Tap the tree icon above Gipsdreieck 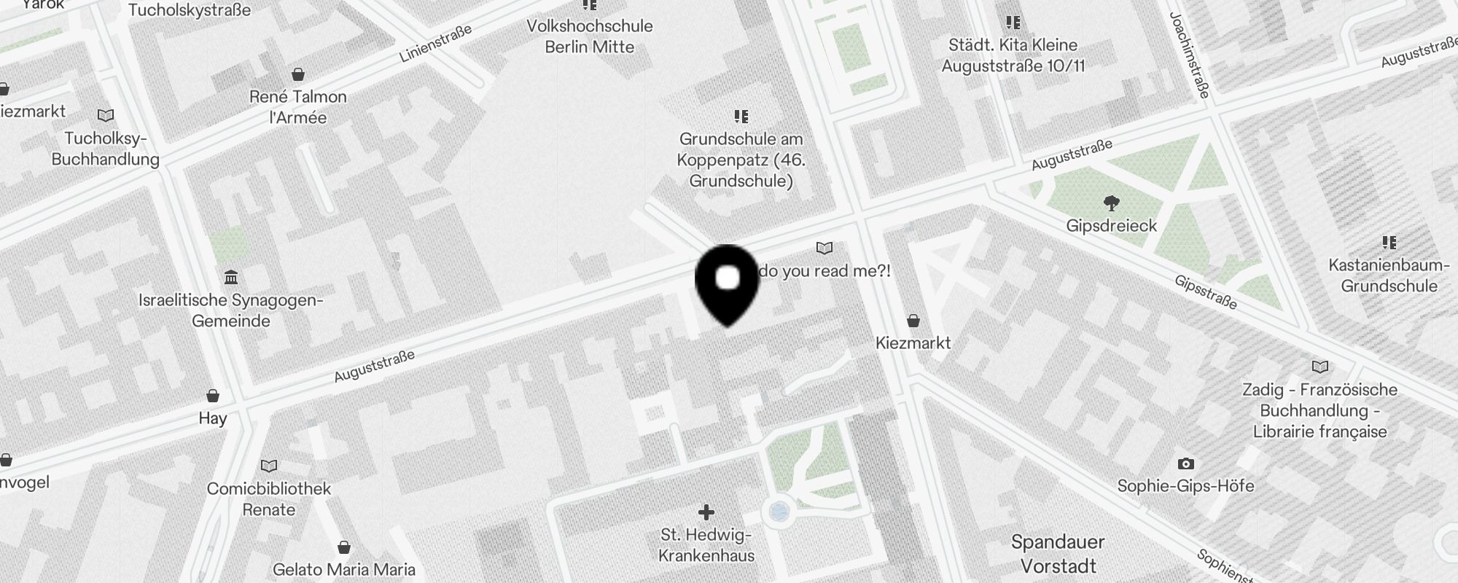tap(1111, 202)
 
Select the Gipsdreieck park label tap(1111, 226)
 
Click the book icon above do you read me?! tap(824, 249)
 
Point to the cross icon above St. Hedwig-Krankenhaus tap(706, 512)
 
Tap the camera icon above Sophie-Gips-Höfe tap(1185, 463)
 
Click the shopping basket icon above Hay tap(213, 396)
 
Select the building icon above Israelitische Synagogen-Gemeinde tap(231, 278)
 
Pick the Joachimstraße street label tap(1189, 55)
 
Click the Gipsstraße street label tap(1205, 291)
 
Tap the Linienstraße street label tap(435, 43)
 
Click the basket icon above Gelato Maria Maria tap(344, 547)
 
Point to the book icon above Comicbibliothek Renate tap(269, 466)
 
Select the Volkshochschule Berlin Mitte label tap(590, 36)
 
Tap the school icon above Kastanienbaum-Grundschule tap(1389, 242)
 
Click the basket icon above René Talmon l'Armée tap(297, 74)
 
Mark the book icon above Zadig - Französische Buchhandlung tap(1319, 367)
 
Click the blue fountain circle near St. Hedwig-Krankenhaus tap(779, 512)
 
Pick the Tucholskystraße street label tap(190, 10)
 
